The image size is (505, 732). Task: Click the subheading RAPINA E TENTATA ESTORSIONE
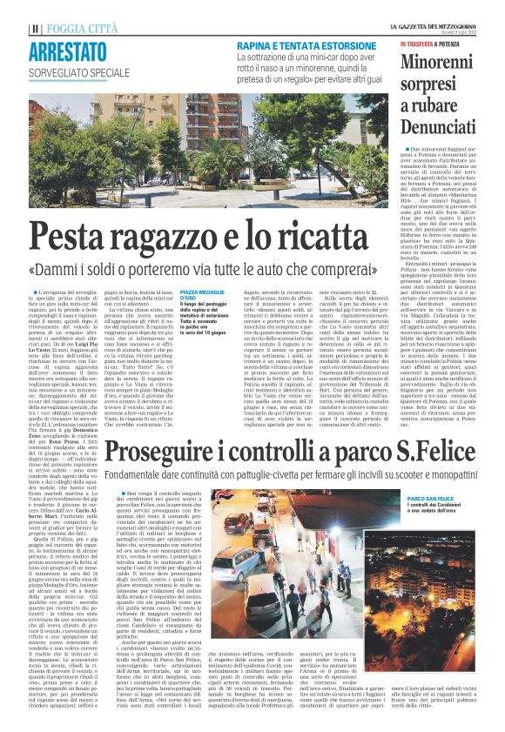coord(299,43)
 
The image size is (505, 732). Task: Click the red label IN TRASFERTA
coord(421,42)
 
